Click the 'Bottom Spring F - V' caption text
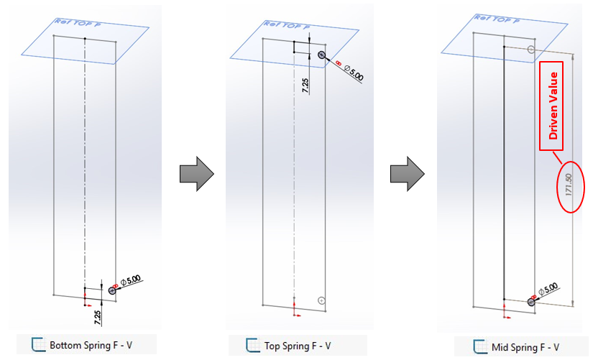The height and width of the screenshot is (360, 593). [x=91, y=346]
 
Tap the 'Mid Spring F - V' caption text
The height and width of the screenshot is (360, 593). [x=525, y=346]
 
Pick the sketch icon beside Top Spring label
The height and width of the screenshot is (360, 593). [x=252, y=346]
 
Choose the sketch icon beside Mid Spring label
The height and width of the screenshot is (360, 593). [x=480, y=346]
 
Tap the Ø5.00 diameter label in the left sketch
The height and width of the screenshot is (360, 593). [x=132, y=280]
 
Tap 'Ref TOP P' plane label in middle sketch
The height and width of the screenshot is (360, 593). [x=287, y=26]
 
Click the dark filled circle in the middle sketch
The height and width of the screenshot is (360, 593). [x=321, y=55]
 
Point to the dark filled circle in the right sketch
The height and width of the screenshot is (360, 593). [x=531, y=303]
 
